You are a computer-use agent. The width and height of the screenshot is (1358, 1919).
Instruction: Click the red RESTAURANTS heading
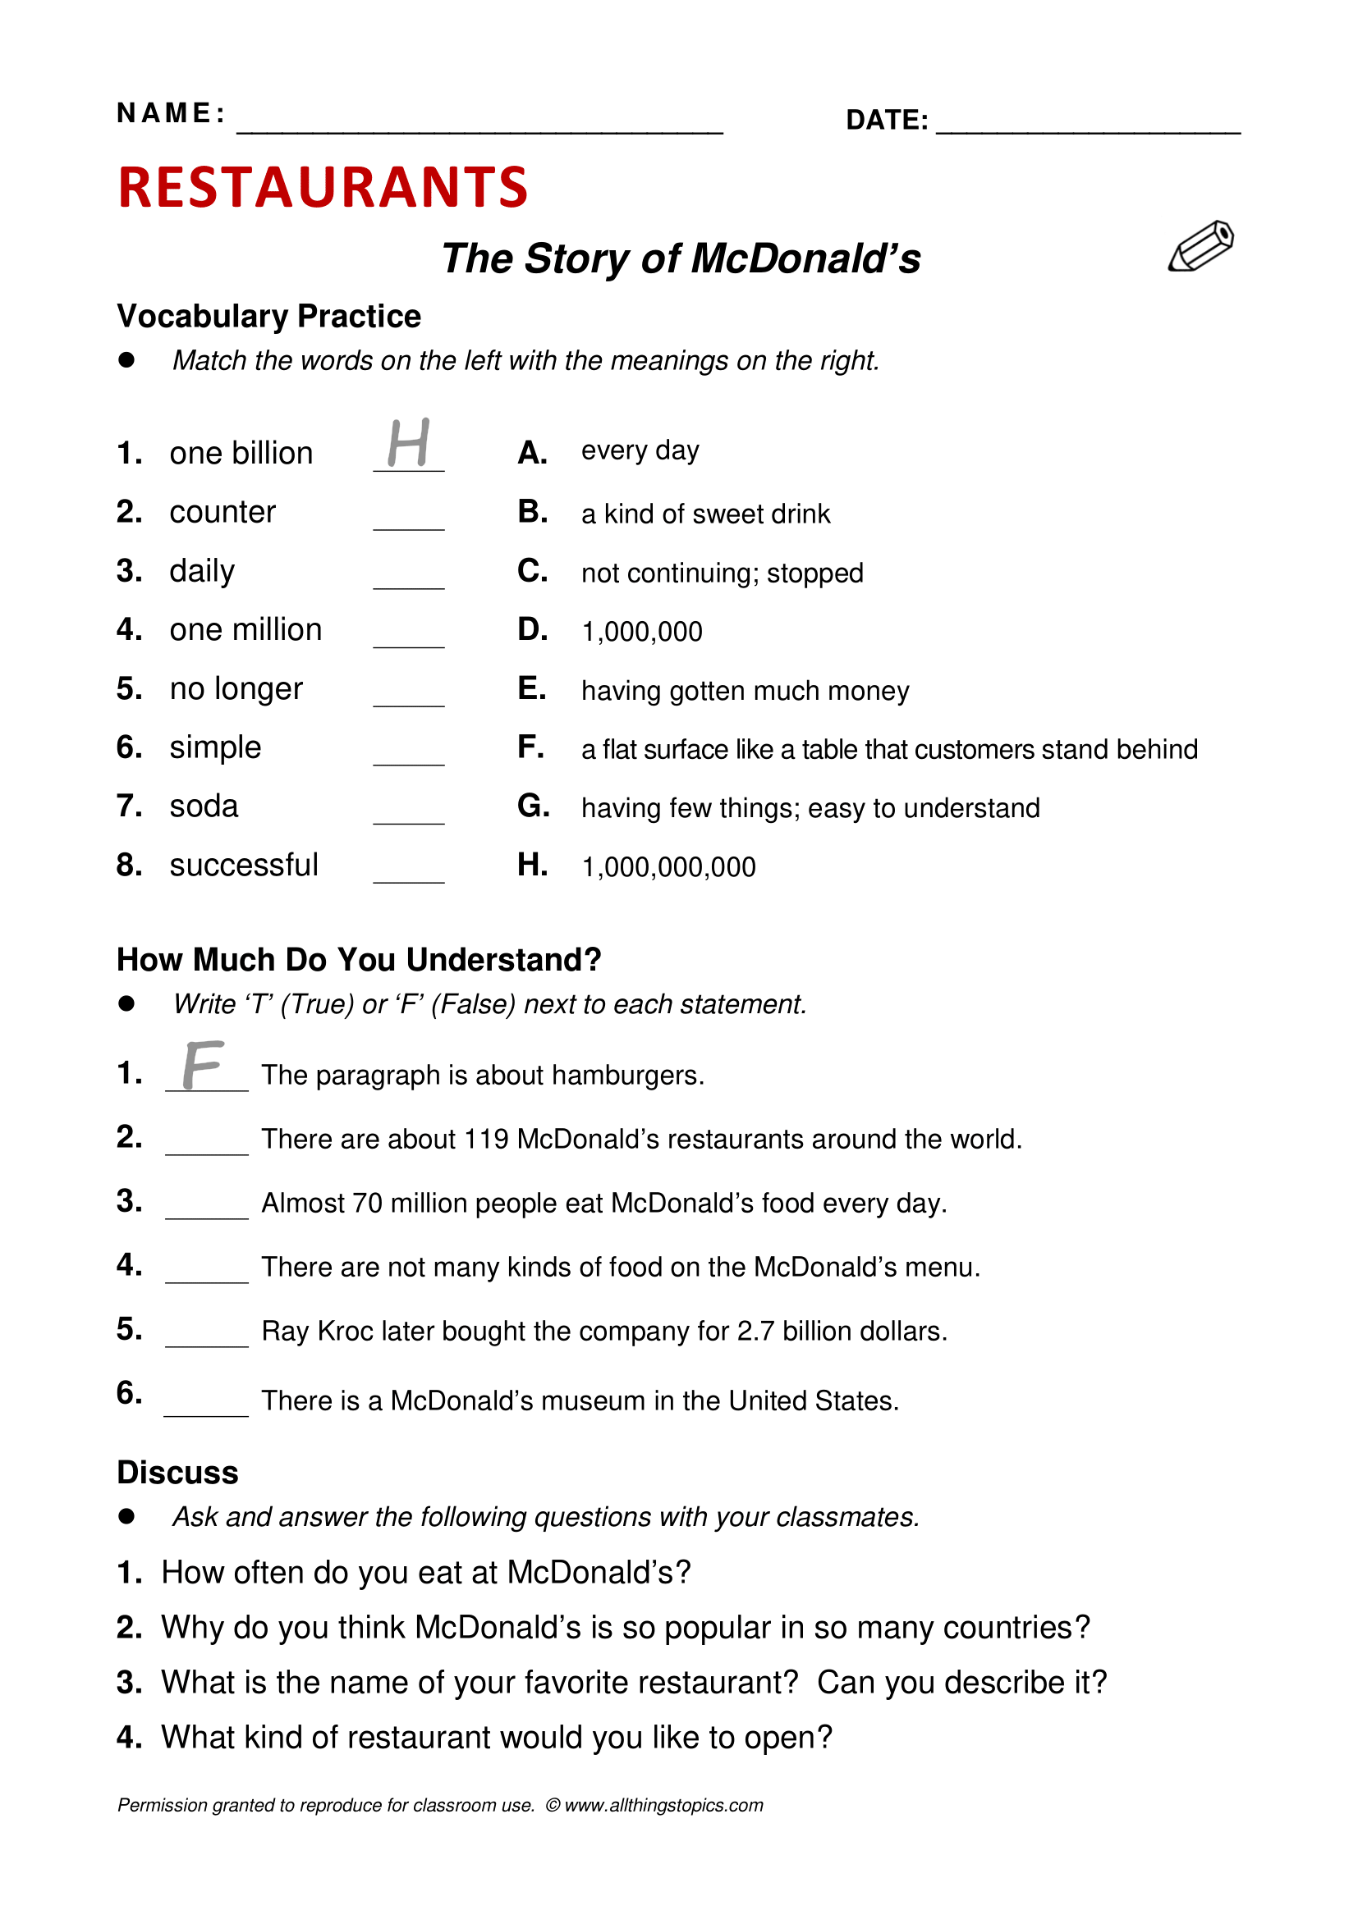[323, 187]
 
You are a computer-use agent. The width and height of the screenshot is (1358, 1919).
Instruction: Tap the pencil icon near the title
[1201, 247]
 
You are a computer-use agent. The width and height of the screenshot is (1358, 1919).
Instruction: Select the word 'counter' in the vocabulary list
[223, 512]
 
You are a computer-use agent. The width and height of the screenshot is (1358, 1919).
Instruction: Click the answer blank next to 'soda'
[408, 815]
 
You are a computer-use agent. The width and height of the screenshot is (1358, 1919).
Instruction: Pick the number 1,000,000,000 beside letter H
[668, 867]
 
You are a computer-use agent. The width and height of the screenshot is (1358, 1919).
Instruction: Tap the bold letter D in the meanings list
[532, 630]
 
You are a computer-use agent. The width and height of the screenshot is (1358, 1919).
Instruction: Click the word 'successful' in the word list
[243, 865]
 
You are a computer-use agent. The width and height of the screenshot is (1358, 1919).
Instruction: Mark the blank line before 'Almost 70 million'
[207, 1210]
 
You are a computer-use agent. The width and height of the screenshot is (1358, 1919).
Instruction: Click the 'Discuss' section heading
[177, 1473]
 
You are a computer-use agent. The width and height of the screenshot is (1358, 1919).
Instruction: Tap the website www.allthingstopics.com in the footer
[663, 1805]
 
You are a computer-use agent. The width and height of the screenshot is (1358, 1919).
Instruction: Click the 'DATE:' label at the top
[887, 121]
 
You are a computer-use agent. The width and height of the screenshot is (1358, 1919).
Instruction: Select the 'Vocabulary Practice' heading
[268, 317]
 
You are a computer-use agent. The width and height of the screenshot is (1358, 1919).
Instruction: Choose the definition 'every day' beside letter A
[640, 450]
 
